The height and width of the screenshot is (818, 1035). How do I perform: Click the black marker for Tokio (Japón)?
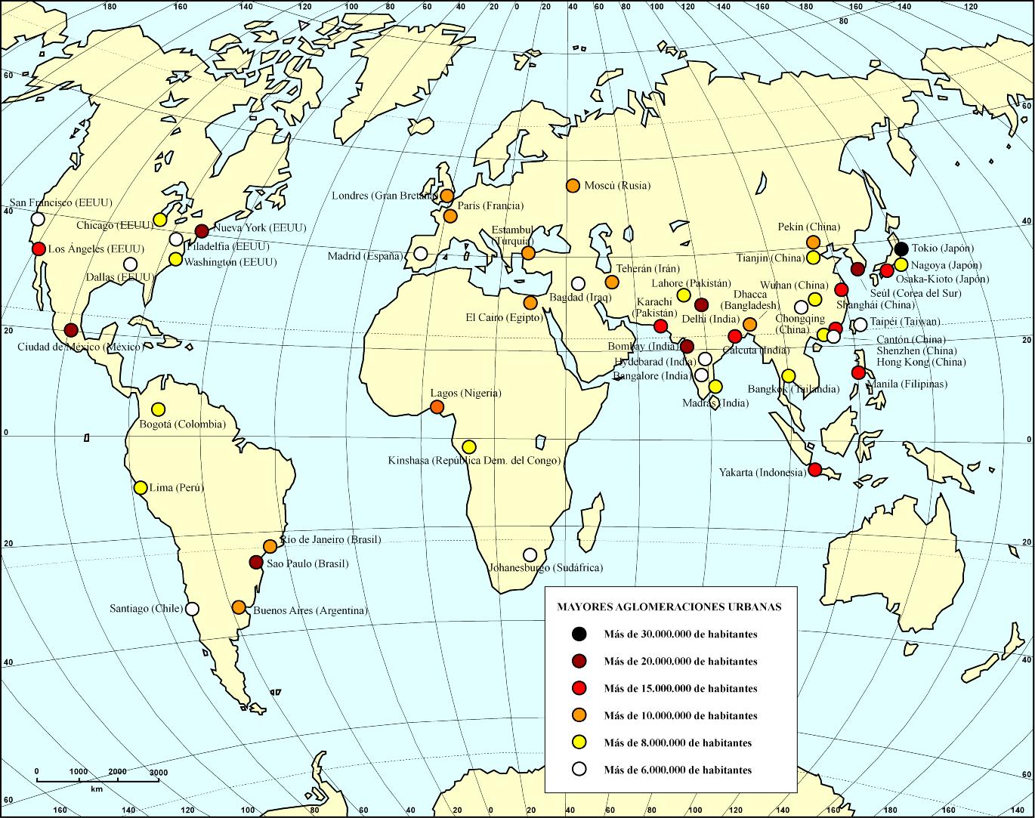(901, 249)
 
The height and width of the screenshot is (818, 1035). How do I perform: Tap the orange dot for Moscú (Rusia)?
(573, 186)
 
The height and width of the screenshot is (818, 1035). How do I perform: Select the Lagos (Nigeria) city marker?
(437, 407)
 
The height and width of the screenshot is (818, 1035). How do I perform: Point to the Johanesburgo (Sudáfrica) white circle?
(530, 554)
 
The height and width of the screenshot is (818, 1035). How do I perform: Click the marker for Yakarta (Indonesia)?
(815, 469)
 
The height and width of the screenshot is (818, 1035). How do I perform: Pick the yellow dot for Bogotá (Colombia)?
(158, 409)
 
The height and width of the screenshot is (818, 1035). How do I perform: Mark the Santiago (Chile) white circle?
(193, 609)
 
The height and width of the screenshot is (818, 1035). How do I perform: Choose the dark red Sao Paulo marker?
(256, 562)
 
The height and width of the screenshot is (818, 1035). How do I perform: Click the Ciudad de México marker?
(71, 330)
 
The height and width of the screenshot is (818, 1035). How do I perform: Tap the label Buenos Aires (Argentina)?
(310, 610)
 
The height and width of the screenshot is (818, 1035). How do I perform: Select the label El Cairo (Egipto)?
(504, 318)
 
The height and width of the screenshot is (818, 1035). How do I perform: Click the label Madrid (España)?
(366, 257)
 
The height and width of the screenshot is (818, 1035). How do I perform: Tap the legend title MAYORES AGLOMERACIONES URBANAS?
(669, 607)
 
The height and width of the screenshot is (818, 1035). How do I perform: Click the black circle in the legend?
(579, 634)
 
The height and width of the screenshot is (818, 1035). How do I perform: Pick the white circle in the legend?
(579, 770)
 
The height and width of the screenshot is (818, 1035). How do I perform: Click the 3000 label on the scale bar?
(159, 772)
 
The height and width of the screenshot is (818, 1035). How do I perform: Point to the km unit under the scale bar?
(97, 789)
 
